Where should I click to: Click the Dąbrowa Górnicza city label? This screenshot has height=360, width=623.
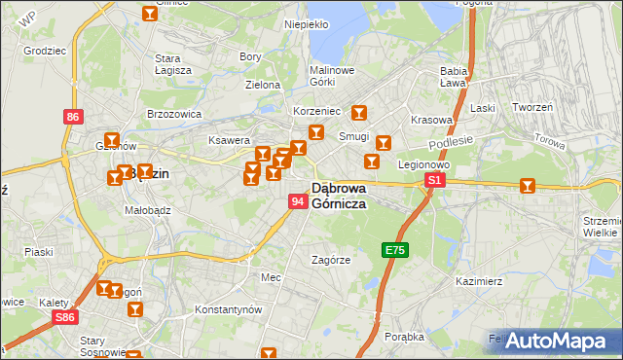tap(338, 196)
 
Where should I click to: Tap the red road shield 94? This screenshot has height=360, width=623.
tap(298, 200)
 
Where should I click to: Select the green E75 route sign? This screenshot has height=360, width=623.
tap(394, 250)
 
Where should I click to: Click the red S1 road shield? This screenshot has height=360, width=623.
tap(435, 180)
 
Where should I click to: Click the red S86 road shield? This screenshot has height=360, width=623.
tap(65, 317)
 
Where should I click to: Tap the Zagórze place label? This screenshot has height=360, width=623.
tap(330, 260)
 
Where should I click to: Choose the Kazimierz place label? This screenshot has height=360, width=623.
tap(478, 281)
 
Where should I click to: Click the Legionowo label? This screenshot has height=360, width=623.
tap(421, 164)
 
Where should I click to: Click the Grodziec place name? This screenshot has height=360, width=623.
tap(44, 49)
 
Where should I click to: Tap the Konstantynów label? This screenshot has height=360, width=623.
tap(229, 308)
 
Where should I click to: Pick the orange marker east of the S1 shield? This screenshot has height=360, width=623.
tap(528, 185)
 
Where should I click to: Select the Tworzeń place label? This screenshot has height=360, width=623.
tap(532, 107)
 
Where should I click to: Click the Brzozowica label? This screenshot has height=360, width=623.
tap(173, 114)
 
